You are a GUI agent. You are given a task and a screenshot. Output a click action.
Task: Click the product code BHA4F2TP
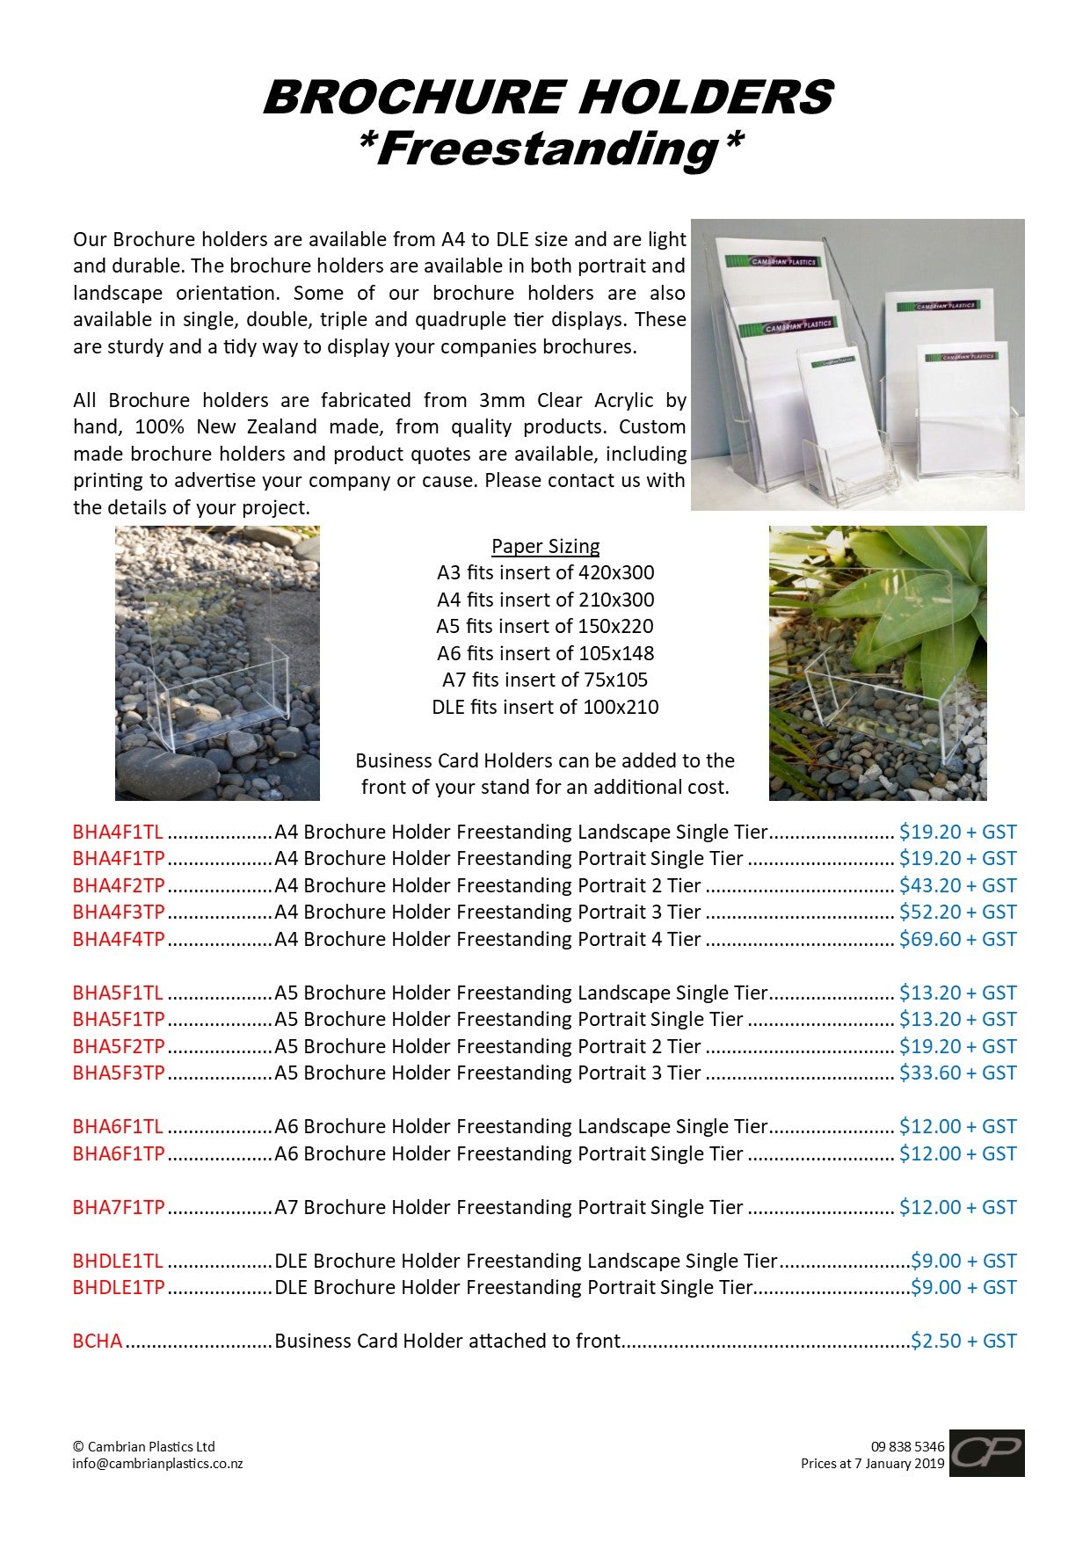tap(119, 885)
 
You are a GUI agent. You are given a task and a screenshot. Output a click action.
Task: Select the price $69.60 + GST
tap(957, 939)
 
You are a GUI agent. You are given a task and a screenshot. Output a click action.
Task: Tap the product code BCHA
tap(98, 1341)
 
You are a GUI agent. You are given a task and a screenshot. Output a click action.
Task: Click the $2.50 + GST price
tap(963, 1341)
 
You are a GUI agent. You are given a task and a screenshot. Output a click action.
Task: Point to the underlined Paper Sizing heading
tap(545, 546)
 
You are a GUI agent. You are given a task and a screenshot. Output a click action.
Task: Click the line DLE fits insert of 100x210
tap(545, 707)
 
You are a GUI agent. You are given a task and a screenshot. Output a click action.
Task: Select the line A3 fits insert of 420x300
tap(545, 572)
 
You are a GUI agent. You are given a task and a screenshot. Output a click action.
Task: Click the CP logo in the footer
tap(986, 1453)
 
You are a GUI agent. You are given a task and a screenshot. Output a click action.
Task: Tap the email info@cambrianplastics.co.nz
tap(157, 1464)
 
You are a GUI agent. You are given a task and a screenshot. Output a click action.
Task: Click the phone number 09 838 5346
tap(907, 1446)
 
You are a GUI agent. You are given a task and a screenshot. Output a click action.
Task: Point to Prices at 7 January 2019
tap(872, 1464)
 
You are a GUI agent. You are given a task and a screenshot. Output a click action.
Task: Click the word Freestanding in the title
tap(549, 149)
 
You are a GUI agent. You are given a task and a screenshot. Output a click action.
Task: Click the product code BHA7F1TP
tap(119, 1207)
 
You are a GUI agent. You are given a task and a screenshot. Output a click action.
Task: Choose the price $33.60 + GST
tap(957, 1073)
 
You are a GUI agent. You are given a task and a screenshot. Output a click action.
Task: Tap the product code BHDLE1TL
tap(118, 1261)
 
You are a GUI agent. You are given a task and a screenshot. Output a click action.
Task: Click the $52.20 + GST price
tap(957, 912)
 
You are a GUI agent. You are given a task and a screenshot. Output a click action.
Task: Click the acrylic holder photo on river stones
tap(217, 663)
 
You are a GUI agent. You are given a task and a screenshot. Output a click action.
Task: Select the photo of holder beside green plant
tap(877, 663)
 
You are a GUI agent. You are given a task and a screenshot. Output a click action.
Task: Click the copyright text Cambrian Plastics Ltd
tap(144, 1446)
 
